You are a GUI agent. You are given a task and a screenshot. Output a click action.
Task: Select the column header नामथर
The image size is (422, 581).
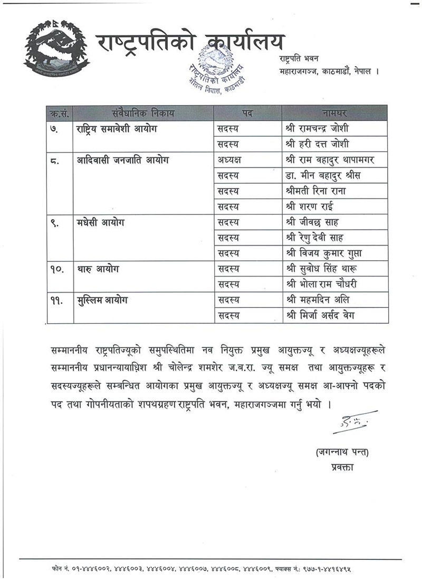tap(334, 113)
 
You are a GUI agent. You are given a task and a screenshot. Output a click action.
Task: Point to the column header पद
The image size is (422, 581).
tap(247, 113)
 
